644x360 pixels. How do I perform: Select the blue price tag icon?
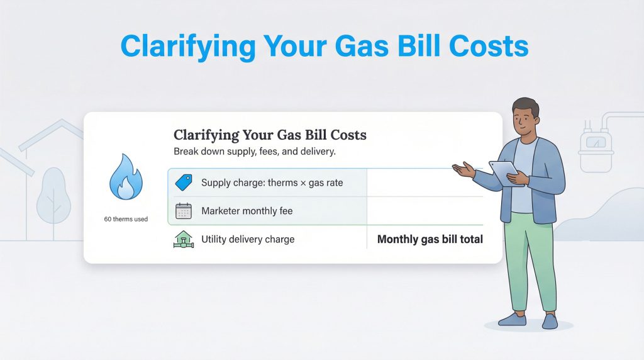click(x=183, y=183)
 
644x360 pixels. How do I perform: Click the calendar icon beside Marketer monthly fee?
click(x=183, y=211)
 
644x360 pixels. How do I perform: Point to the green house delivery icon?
click(x=183, y=240)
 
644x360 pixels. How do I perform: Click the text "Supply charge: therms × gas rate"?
click(x=272, y=183)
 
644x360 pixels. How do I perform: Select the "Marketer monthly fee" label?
click(x=247, y=211)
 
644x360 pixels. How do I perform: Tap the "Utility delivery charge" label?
click(x=248, y=240)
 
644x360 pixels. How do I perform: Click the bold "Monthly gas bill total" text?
click(x=430, y=240)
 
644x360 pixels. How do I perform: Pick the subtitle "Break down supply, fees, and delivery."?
click(x=255, y=152)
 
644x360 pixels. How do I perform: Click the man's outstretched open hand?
click(x=465, y=169)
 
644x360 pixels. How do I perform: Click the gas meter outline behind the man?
click(x=596, y=147)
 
